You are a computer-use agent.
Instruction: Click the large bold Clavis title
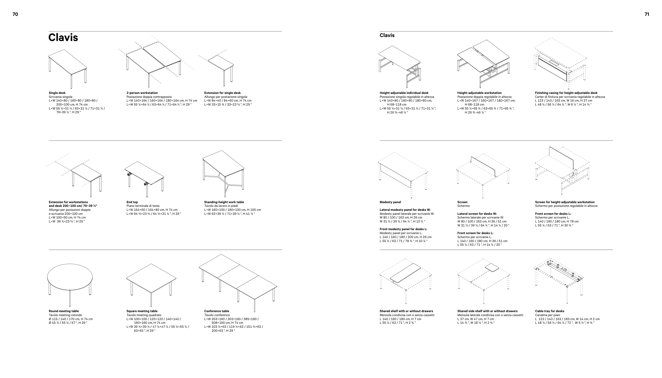[x=63, y=38]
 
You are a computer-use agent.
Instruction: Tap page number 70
[x=15, y=14]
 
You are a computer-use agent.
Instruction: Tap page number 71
[x=647, y=14]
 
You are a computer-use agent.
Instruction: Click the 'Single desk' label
[x=57, y=93]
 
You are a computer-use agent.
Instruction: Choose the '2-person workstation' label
[x=142, y=93]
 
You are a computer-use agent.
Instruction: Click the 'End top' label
[x=132, y=202]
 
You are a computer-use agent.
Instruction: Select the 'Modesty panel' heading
[x=390, y=202]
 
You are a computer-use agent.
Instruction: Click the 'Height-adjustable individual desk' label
[x=404, y=93]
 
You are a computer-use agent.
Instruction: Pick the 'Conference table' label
[x=217, y=311]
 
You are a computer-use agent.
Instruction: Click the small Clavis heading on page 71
[x=387, y=35]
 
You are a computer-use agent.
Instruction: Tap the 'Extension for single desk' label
[x=222, y=93]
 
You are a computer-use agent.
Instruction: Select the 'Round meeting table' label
[x=64, y=311]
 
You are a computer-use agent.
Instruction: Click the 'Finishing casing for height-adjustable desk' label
[x=566, y=93]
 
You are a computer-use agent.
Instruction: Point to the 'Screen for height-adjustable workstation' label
[x=565, y=202]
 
